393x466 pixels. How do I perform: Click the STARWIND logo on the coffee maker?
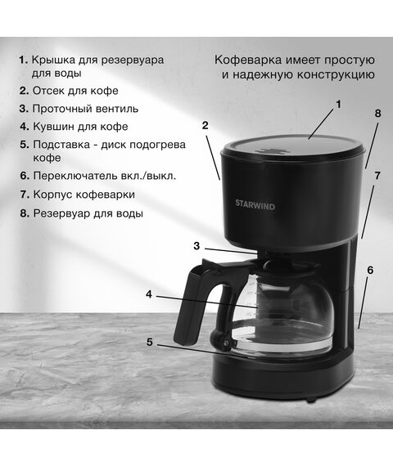(255, 205)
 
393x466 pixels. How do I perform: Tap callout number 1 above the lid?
(338, 105)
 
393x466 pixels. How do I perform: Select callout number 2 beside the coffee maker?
(205, 125)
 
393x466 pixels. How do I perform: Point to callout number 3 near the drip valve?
(196, 246)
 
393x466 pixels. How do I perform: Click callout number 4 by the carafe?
(149, 294)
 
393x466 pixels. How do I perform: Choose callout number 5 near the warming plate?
(149, 342)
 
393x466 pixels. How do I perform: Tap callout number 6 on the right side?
(370, 270)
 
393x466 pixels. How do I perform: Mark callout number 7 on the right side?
(377, 176)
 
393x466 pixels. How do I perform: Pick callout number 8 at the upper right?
(377, 114)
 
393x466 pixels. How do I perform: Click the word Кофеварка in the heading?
(248, 60)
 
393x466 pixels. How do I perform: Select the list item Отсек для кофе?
(75, 91)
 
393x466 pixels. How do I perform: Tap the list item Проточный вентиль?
(85, 109)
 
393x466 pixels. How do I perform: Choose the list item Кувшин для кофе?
(80, 127)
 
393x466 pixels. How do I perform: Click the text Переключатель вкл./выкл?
(105, 176)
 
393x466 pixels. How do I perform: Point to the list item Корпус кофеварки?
(84, 195)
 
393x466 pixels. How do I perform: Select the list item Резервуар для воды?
(88, 213)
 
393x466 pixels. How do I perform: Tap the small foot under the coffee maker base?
(311, 401)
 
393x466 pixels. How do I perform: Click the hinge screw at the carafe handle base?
(226, 343)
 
